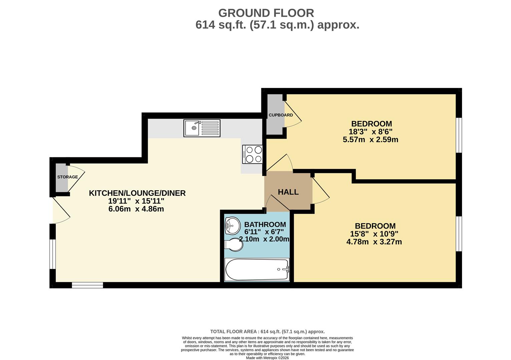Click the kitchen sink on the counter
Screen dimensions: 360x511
(x=202, y=128)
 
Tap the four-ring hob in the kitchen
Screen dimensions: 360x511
(x=252, y=154)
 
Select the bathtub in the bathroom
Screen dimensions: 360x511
(x=257, y=270)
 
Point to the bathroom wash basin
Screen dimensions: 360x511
(x=232, y=226)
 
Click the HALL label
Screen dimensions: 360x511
(x=288, y=192)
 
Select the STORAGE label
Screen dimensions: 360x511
(x=67, y=177)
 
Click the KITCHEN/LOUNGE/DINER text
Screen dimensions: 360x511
(x=137, y=193)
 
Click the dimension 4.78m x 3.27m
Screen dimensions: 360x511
(x=374, y=242)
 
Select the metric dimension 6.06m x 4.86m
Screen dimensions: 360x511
(x=136, y=209)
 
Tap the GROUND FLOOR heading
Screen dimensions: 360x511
(x=266, y=13)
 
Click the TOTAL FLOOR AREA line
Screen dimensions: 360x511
(x=267, y=331)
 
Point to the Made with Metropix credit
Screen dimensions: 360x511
(x=267, y=358)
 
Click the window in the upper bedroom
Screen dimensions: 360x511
(x=459, y=135)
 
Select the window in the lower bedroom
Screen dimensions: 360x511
(x=459, y=233)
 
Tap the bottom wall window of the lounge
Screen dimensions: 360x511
(x=87, y=285)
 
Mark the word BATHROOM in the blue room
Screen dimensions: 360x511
(x=265, y=224)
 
